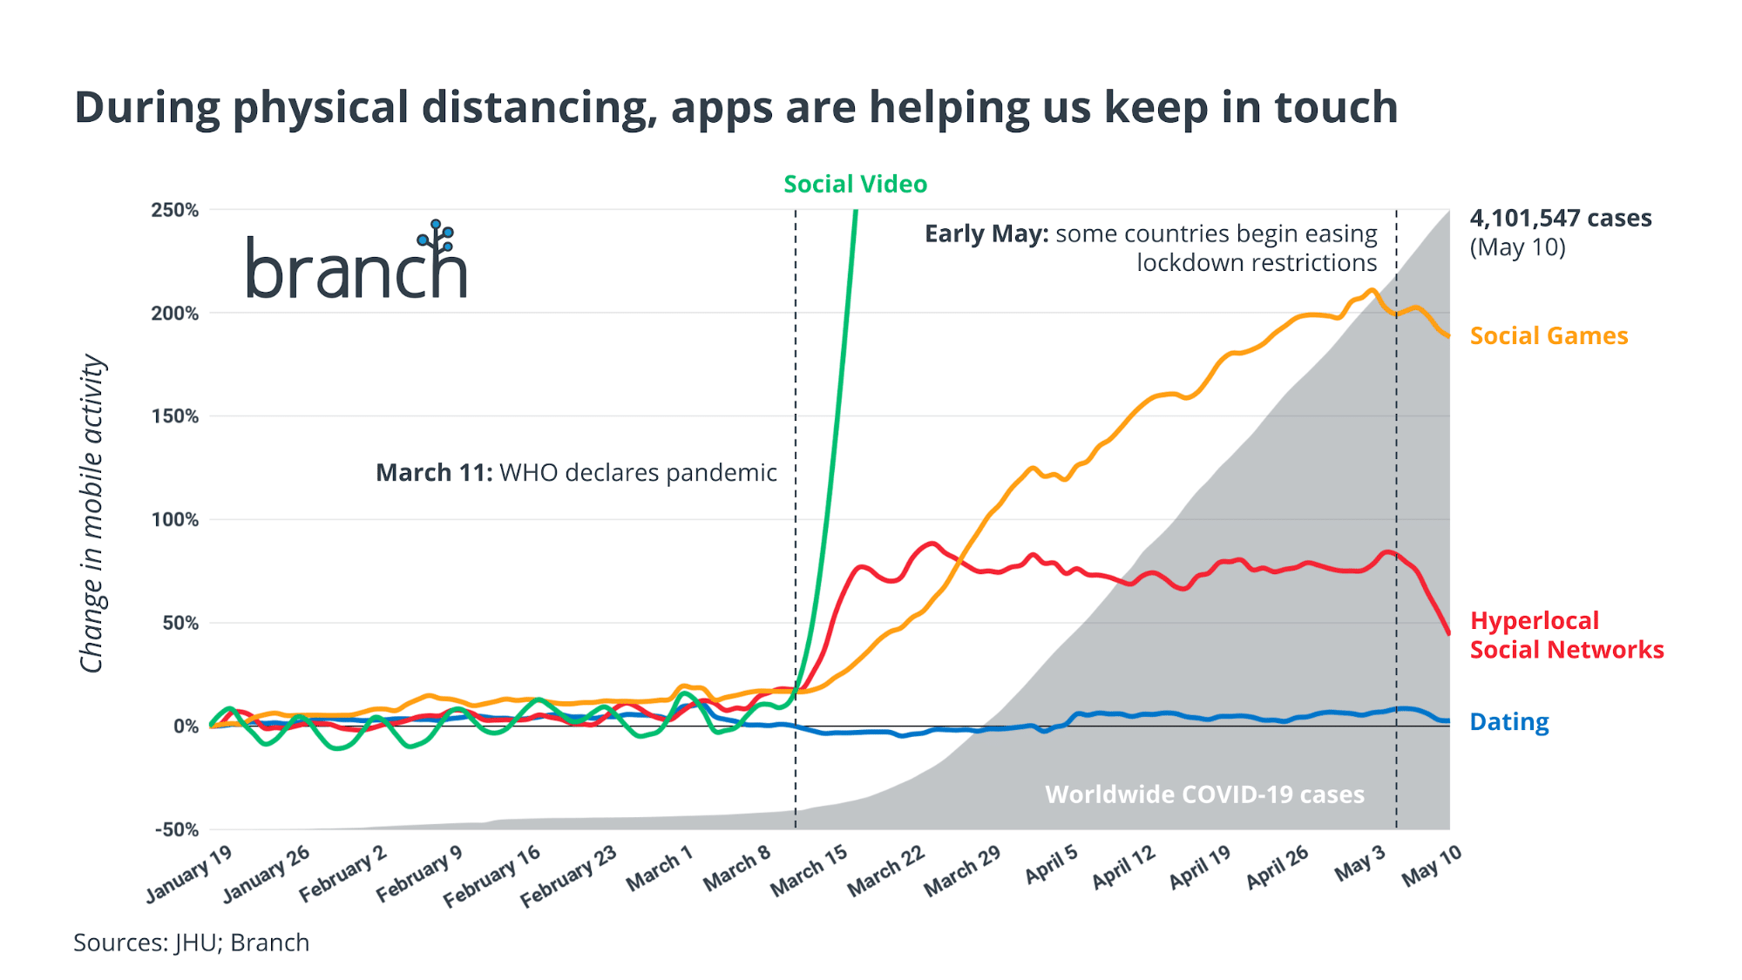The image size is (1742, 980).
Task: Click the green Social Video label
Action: [855, 184]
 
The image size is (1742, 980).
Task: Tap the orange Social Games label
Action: [1549, 336]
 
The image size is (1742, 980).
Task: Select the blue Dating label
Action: [1508, 722]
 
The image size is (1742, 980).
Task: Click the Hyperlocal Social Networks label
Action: [1566, 635]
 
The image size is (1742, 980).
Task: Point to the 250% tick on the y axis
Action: [174, 210]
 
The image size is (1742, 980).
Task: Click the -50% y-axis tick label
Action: [176, 829]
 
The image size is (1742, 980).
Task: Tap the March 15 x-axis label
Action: [810, 870]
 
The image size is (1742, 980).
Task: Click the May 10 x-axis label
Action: [1431, 866]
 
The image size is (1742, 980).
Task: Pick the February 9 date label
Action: [419, 874]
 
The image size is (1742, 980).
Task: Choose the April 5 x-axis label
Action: [1051, 865]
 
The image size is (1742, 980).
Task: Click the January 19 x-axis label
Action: [189, 875]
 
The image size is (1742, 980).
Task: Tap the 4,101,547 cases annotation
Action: [1560, 219]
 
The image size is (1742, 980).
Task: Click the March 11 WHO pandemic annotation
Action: [576, 473]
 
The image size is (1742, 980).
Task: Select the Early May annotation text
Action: [1150, 248]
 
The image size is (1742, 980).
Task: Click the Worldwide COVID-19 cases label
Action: [1204, 794]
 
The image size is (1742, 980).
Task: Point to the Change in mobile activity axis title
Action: [92, 514]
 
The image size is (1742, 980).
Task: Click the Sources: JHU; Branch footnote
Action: [191, 943]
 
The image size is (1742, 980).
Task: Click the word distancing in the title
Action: [539, 108]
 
